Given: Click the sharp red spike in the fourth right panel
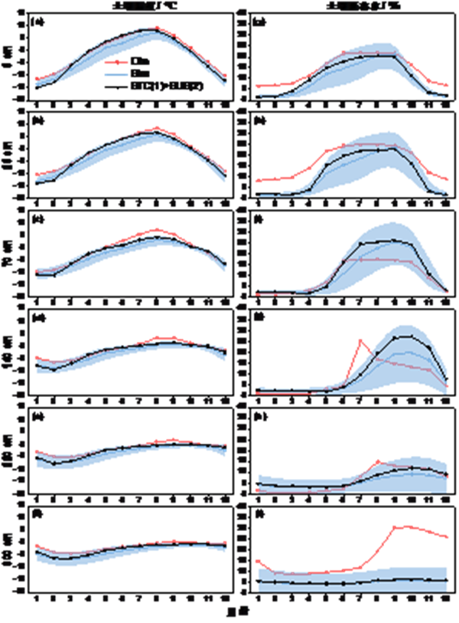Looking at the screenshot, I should click(360, 339).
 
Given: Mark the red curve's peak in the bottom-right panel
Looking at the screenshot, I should click(397, 526).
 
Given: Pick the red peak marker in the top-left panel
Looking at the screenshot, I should click(156, 28).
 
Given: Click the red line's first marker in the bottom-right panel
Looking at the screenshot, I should click(258, 561).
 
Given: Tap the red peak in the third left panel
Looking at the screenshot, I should click(156, 229).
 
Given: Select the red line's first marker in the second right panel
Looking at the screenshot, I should click(258, 182).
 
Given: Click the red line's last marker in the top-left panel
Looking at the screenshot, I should click(226, 76).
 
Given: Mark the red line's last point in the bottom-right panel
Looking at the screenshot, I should click(447, 538).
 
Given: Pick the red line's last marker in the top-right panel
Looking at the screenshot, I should click(447, 85).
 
